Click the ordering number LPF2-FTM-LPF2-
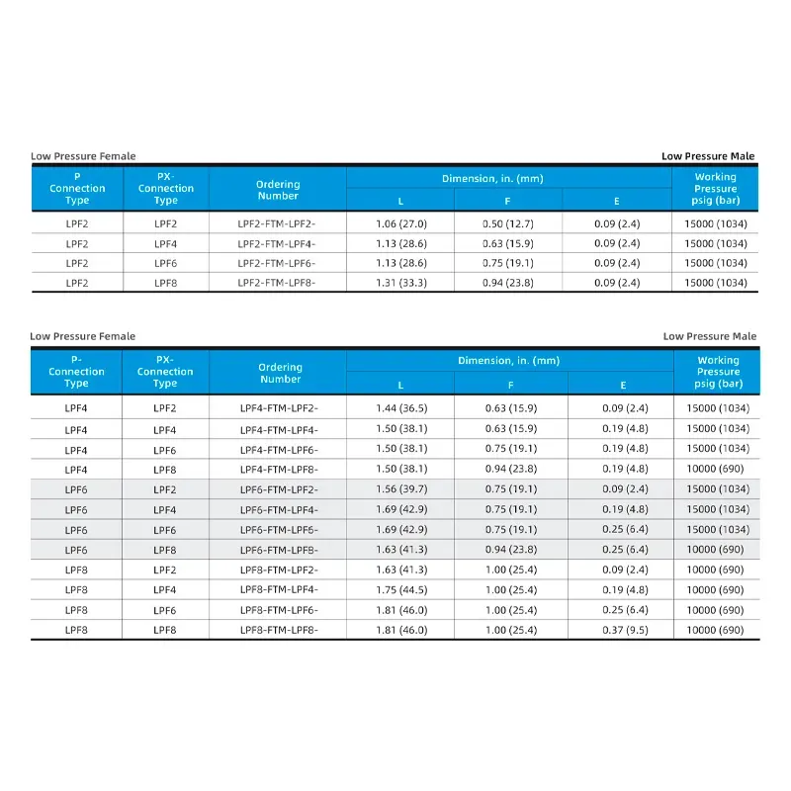point(277,223)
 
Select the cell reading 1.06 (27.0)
point(399,223)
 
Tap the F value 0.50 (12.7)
point(507,223)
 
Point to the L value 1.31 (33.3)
point(399,283)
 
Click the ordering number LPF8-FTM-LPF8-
point(279,630)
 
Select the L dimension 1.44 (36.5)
point(400,408)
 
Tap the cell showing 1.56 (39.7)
point(400,489)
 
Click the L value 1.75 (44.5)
point(400,589)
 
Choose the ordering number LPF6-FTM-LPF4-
point(279,509)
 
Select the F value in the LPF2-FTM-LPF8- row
point(507,283)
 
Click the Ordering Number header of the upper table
point(278,190)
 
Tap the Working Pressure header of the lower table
point(718,372)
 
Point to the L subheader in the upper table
point(399,201)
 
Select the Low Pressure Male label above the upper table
point(708,156)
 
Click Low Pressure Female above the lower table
point(83,336)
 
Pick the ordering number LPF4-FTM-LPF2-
point(279,408)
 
